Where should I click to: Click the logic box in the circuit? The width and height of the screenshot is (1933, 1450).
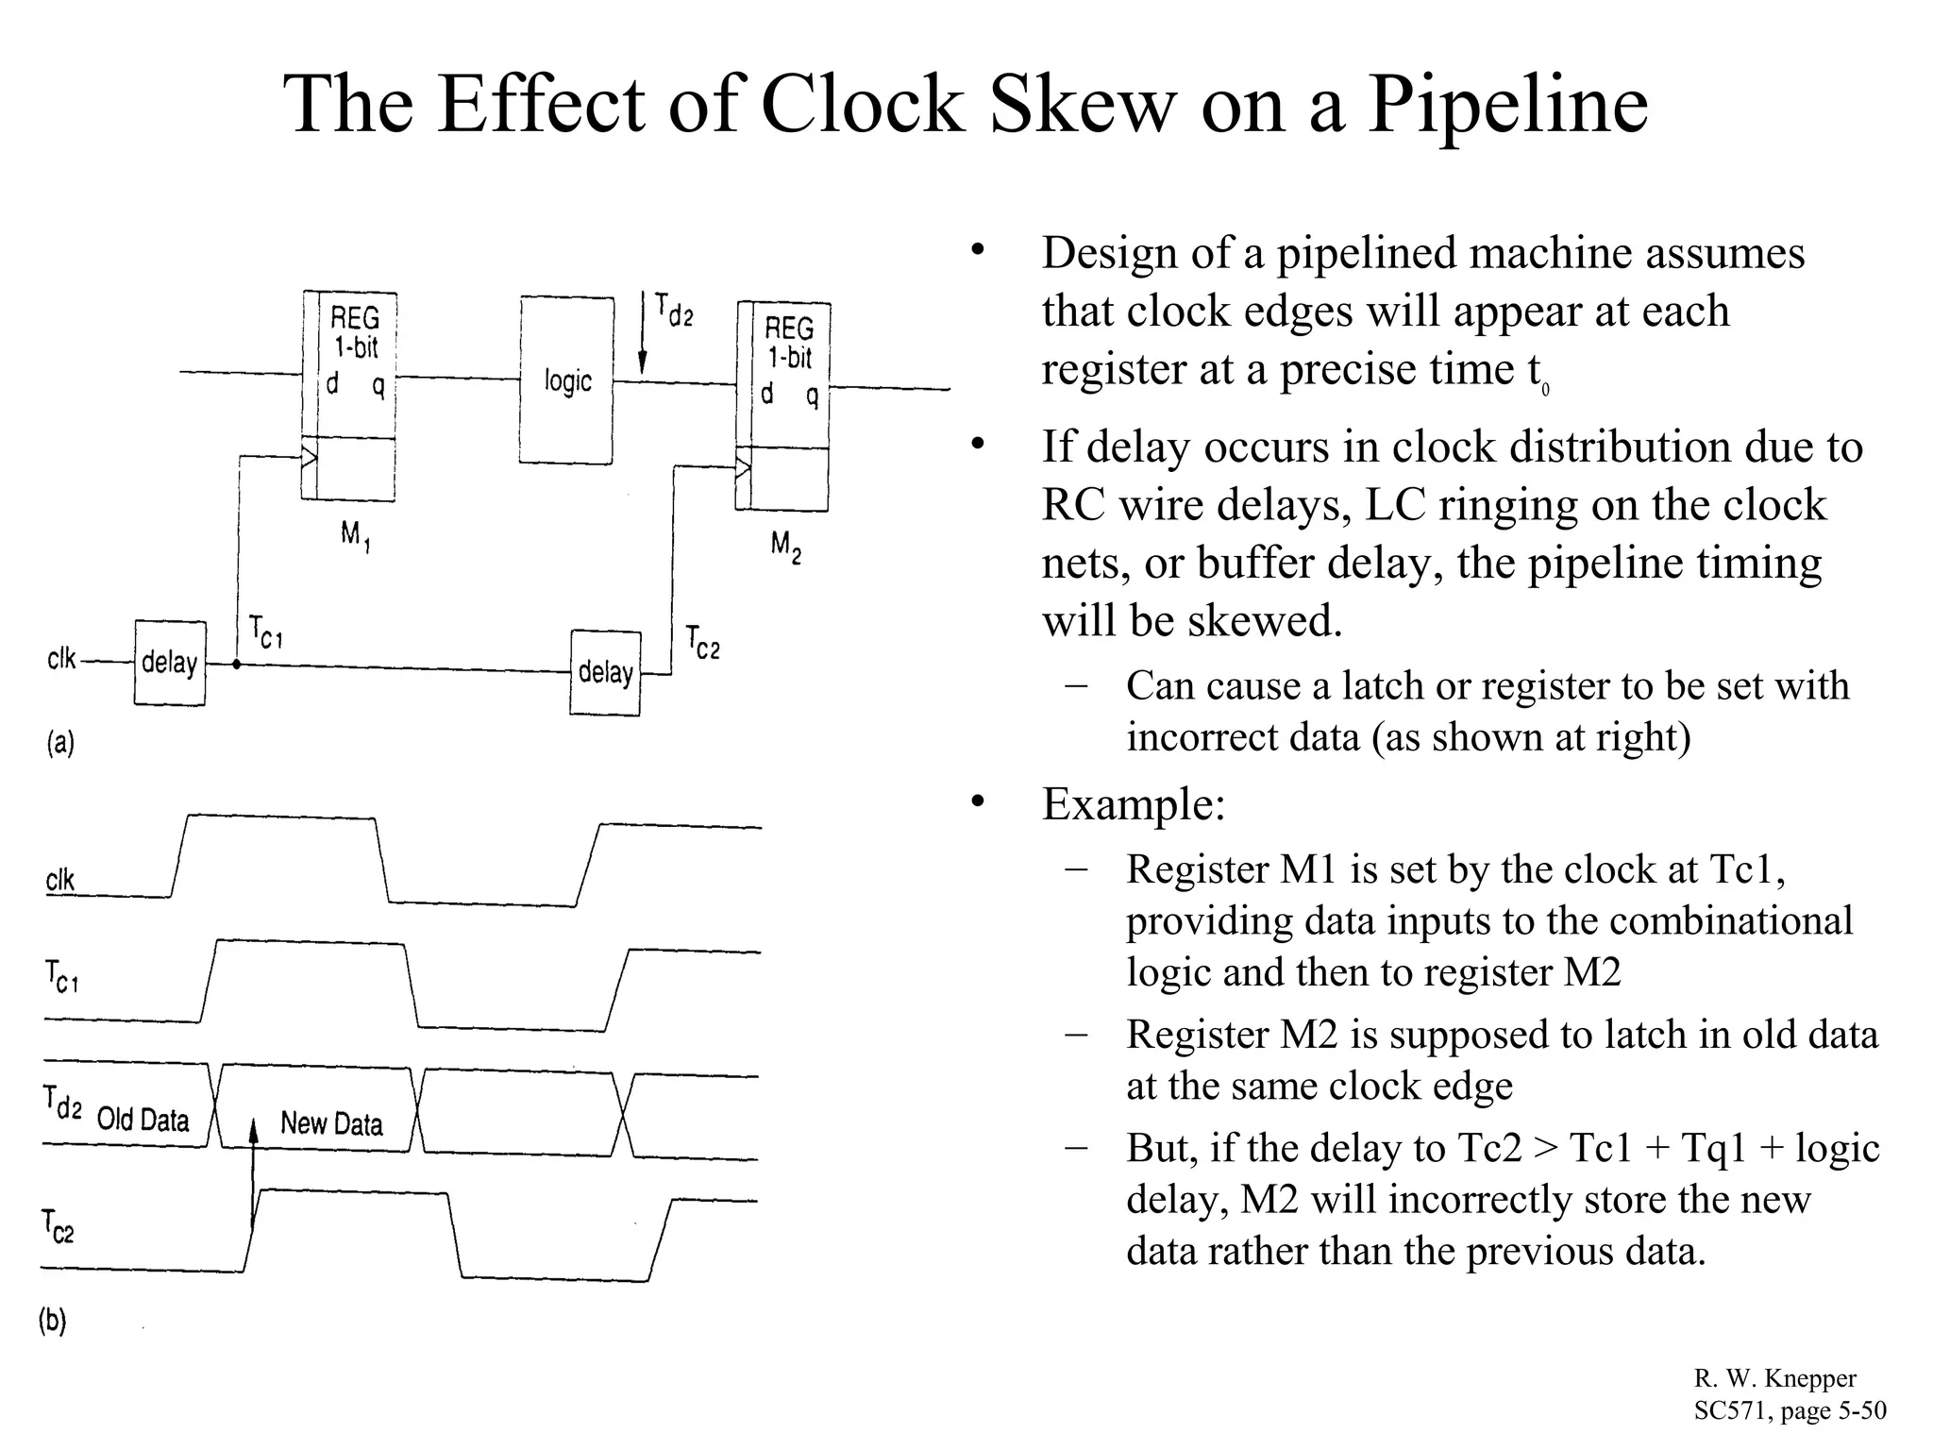[x=566, y=380]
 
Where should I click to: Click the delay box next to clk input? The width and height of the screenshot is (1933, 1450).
[x=170, y=663]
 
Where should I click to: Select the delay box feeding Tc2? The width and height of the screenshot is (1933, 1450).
[x=605, y=673]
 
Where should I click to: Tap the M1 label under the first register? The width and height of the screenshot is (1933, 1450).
[x=354, y=536]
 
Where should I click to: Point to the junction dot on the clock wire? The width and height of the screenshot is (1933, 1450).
[x=237, y=665]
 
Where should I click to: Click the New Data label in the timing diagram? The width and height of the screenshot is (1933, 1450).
[x=331, y=1123]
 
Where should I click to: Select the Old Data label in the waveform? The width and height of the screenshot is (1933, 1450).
[x=143, y=1120]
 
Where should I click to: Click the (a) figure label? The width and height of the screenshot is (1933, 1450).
[x=60, y=744]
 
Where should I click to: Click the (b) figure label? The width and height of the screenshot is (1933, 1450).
[x=53, y=1320]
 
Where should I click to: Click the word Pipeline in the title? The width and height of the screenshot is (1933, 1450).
[x=1507, y=106]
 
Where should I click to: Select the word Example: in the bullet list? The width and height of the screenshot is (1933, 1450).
[x=1133, y=804]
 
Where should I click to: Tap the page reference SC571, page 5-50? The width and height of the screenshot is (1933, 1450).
[x=1790, y=1410]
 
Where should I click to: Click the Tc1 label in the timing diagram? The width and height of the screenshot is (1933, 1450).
[x=62, y=976]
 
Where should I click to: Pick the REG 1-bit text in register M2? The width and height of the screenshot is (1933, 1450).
[x=788, y=343]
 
